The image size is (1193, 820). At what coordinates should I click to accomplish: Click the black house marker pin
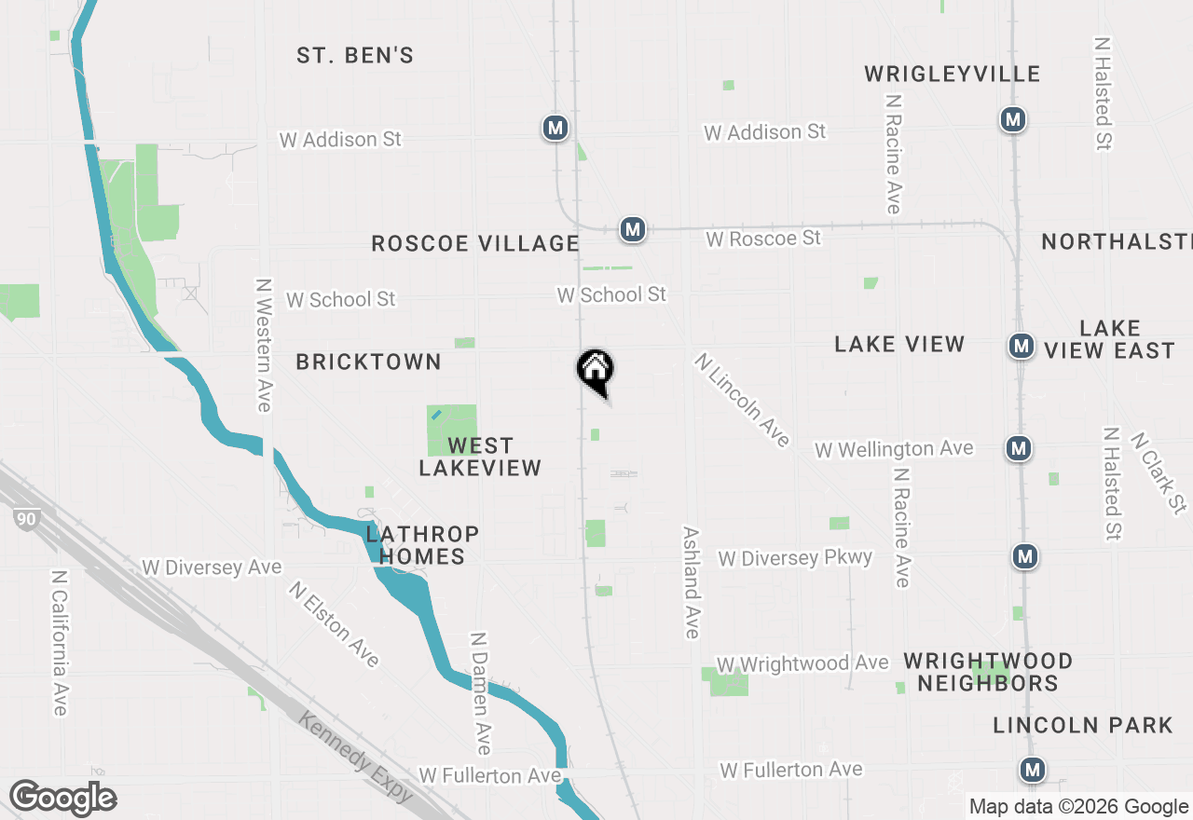click(x=595, y=369)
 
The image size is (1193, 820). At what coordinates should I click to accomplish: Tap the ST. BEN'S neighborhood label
click(x=355, y=56)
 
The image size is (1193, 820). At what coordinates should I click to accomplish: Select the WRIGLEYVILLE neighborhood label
click(x=952, y=75)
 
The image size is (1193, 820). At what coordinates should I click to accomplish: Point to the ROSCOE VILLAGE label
click(x=475, y=244)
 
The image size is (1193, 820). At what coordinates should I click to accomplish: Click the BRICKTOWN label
click(x=368, y=362)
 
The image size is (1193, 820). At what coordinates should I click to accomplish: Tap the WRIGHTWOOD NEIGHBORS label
click(x=988, y=672)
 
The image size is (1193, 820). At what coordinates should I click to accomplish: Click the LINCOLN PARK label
click(x=1082, y=725)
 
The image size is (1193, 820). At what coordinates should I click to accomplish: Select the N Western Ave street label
click(x=264, y=345)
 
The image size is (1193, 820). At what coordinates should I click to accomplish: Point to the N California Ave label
click(x=60, y=643)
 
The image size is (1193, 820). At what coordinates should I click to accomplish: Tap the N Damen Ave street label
click(x=480, y=693)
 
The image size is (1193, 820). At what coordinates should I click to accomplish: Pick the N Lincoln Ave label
click(x=743, y=400)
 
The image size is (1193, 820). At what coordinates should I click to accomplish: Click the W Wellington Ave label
click(x=894, y=449)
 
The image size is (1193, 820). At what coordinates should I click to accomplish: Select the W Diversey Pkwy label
click(x=795, y=558)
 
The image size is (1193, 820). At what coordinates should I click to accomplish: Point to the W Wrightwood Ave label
click(x=802, y=663)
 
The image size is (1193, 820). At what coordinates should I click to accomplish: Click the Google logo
click(x=63, y=799)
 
